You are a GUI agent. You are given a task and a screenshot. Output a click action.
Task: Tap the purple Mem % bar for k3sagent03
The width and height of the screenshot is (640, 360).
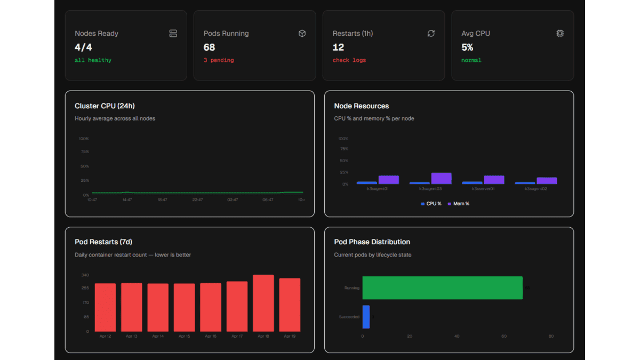441,179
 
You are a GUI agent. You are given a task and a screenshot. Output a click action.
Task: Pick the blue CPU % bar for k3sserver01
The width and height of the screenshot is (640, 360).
472,183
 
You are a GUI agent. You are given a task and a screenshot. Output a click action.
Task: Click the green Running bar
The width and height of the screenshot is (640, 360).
442,287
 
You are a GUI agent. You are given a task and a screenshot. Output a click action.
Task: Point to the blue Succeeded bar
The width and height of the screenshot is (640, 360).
366,317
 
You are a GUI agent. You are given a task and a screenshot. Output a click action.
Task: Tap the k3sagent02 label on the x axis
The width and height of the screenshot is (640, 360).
536,189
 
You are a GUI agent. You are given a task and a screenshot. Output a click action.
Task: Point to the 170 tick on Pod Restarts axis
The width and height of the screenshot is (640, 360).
85,303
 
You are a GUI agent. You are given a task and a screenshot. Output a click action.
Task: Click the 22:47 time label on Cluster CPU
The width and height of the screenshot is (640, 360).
197,200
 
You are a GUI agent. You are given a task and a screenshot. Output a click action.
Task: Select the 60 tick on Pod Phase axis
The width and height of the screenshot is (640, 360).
504,336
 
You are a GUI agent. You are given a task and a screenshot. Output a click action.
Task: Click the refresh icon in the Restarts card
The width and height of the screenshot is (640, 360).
431,33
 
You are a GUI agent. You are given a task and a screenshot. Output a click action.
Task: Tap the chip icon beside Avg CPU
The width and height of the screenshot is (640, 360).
560,33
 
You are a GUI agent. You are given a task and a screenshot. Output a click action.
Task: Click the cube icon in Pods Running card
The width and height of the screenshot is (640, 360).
302,33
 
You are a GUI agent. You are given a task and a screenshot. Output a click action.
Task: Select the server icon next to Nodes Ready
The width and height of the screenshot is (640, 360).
173,33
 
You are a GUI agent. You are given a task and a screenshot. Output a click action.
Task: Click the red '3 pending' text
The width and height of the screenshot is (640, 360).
219,60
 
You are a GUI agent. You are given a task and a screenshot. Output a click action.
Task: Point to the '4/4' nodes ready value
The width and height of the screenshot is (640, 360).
83,47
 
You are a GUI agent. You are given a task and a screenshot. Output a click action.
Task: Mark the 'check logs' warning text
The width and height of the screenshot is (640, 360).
349,60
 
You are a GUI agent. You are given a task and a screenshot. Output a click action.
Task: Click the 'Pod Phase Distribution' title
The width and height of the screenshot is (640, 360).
372,242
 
